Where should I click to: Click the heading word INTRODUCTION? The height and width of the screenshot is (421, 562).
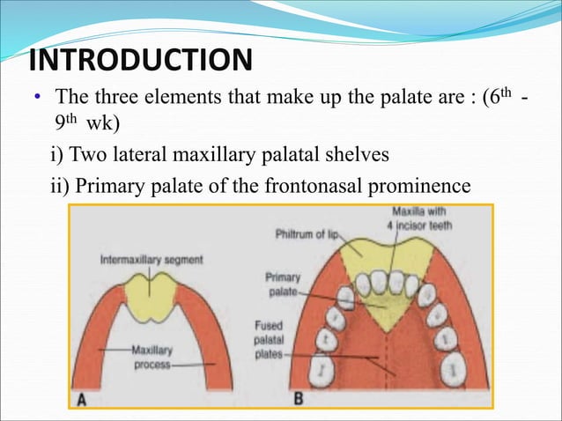coord(140,61)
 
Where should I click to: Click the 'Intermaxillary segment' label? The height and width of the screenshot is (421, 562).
coord(152,260)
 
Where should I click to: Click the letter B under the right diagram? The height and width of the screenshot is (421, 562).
coord(299,399)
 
